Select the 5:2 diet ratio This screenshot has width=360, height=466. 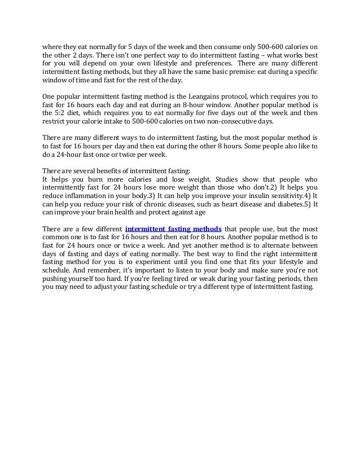62,112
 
